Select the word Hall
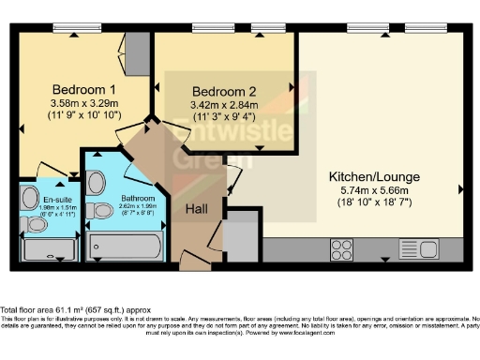pos(197,208)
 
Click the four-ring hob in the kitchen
pos(342,249)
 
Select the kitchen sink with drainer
pos(418,249)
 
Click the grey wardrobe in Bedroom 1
pos(137,47)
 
